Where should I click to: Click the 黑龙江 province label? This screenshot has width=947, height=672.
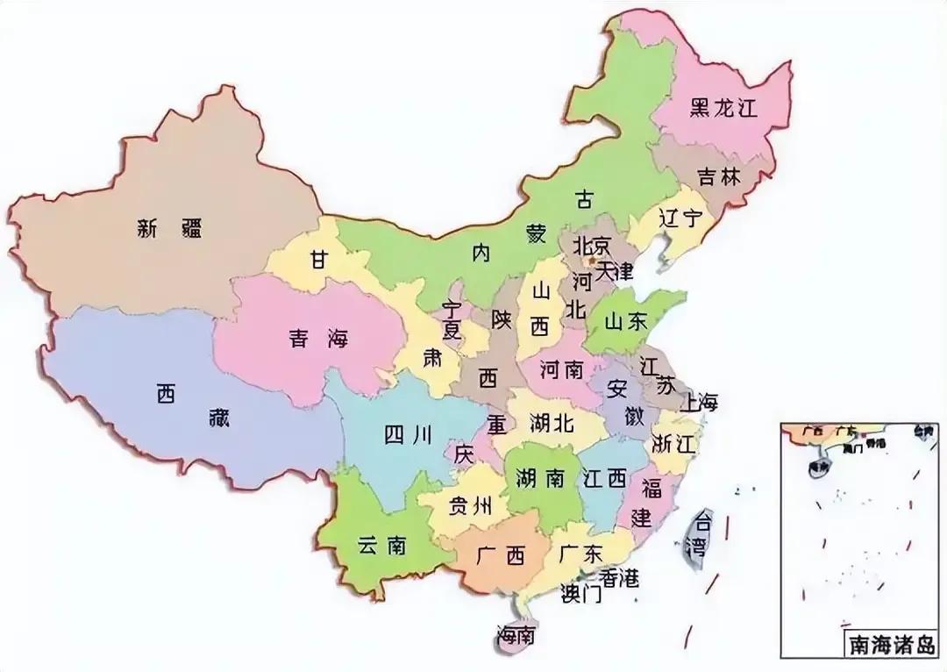(x=723, y=108)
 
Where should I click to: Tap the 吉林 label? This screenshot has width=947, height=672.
(x=719, y=176)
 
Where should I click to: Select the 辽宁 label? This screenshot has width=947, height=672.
(x=681, y=218)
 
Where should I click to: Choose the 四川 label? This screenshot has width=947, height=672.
(x=409, y=433)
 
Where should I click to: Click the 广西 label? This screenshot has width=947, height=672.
(x=501, y=555)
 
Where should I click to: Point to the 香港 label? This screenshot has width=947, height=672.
(x=619, y=577)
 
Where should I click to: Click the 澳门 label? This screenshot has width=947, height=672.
(x=580, y=595)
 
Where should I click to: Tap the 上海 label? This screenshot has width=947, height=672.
(x=698, y=403)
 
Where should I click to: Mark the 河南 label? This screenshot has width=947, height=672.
(x=562, y=369)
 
